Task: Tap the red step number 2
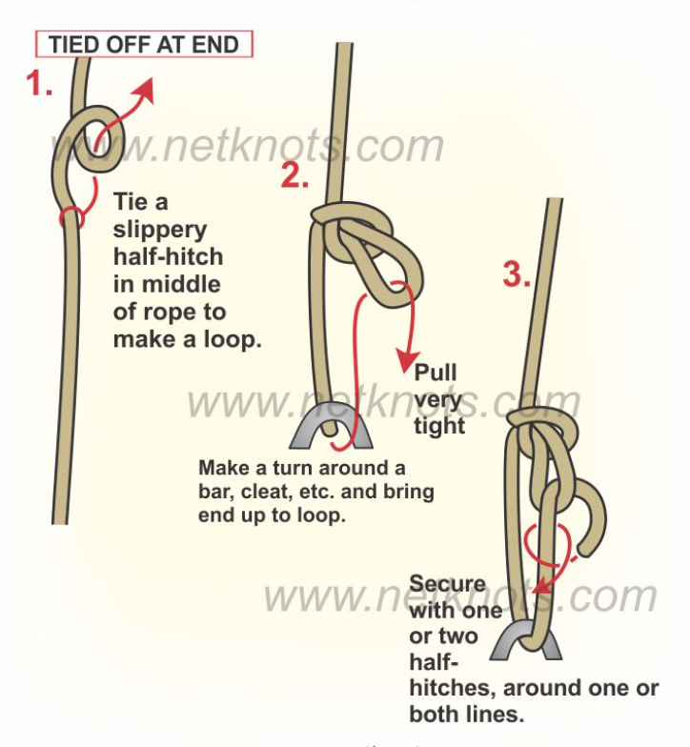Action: click(294, 175)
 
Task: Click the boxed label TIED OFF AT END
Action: click(144, 44)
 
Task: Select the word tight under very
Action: click(438, 425)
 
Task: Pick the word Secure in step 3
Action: click(447, 583)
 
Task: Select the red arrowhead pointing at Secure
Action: click(539, 585)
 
